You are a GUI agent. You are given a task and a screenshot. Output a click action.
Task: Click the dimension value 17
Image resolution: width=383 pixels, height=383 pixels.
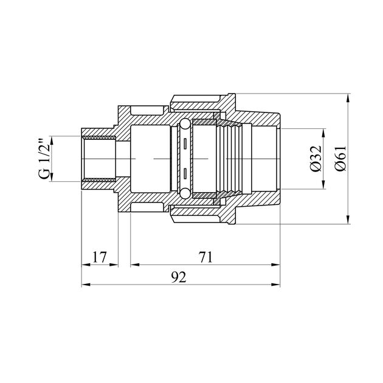[100, 257]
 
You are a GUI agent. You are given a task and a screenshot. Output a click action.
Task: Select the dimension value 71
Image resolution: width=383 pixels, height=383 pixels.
[205, 257]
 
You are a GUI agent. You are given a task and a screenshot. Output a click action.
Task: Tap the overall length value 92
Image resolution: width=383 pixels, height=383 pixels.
[179, 277]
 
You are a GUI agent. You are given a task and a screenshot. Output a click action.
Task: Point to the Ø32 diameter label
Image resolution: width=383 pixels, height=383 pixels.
[316, 159]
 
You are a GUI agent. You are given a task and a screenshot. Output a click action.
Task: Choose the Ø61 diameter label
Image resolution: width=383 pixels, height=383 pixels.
[340, 159]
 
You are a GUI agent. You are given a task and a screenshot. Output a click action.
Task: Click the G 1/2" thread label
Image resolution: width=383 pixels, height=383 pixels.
[44, 159]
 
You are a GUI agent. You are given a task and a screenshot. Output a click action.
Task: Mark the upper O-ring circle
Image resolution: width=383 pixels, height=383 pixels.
[185, 124]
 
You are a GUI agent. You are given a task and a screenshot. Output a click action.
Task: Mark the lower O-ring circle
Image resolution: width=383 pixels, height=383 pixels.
[185, 193]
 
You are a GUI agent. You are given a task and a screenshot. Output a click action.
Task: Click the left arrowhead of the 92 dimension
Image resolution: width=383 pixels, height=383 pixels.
[86, 285]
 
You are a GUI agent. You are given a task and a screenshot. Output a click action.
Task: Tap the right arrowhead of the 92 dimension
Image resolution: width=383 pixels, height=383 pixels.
[275, 285]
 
